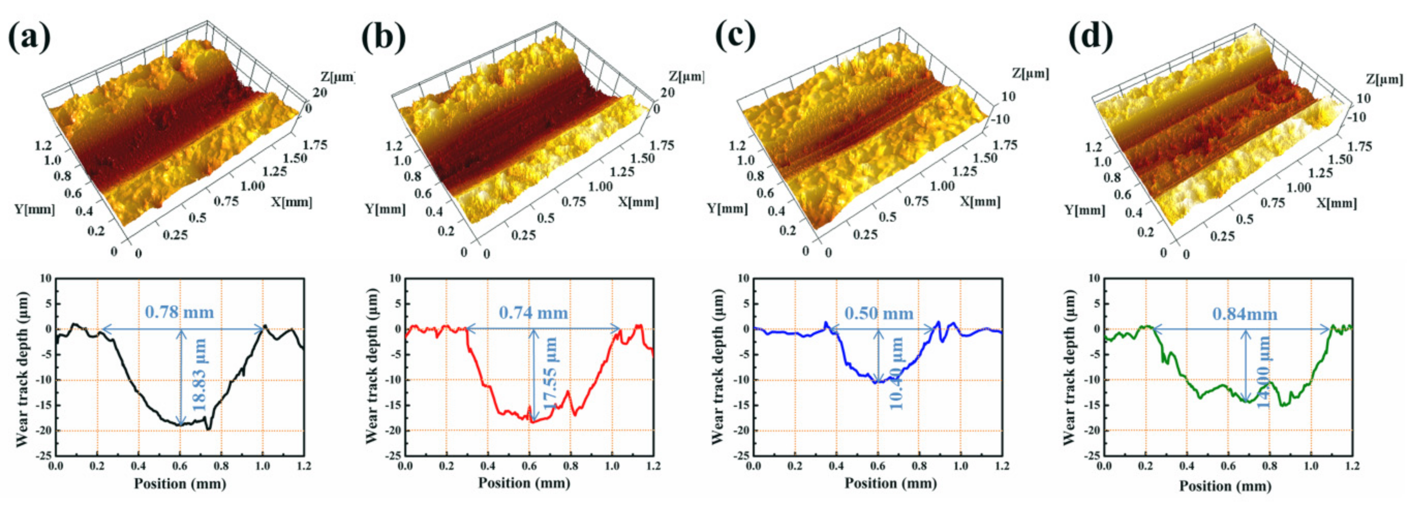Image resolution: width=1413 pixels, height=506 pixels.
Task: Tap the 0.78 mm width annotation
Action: tap(179, 312)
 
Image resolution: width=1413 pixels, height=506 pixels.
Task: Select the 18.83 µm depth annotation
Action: tap(200, 375)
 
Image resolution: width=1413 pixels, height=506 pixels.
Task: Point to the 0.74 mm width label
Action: tap(533, 313)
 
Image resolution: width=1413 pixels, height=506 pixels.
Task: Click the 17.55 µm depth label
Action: tap(550, 379)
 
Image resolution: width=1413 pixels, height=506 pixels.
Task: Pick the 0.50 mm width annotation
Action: tap(879, 313)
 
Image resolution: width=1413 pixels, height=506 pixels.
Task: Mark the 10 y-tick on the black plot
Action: tap(45, 278)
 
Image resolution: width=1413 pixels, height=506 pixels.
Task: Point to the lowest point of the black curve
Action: tap(208, 429)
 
